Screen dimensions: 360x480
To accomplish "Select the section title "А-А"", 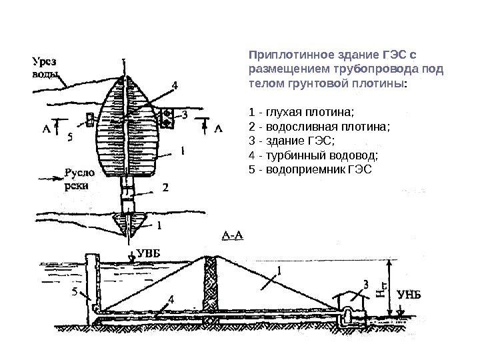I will click(x=232, y=235).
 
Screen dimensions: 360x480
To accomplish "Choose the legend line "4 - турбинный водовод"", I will click(x=312, y=155).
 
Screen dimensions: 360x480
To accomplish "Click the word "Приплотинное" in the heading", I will click(x=280, y=53).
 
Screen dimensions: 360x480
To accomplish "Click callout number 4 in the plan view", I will click(x=175, y=85).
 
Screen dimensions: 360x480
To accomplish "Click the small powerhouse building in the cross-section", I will click(x=351, y=303).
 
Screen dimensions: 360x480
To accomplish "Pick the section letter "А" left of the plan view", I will click(x=47, y=129).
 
